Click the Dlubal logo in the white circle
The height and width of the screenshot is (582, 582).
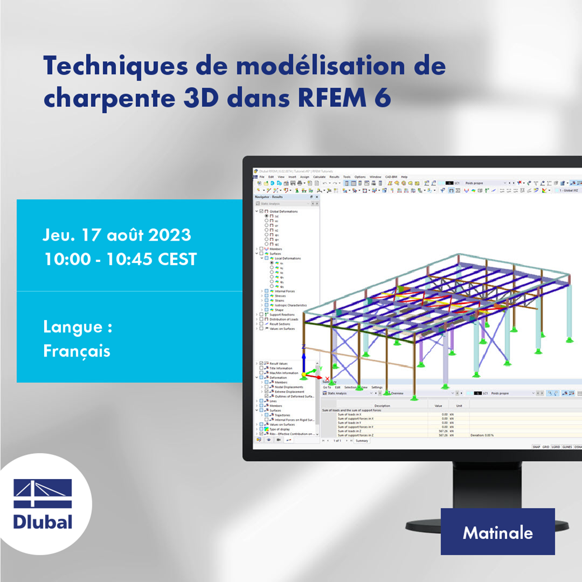coord(43,504)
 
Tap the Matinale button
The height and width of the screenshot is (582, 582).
coord(497,532)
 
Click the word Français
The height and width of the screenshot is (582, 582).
coord(77,351)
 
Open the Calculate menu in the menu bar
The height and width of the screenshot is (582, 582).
coord(319,177)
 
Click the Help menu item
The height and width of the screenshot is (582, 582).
coord(404,177)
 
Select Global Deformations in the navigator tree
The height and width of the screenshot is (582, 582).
coord(285,212)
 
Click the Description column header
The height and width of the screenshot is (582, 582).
coord(382,406)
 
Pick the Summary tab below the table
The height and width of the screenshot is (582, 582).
coord(362,441)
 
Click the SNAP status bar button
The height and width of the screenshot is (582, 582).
coord(536,447)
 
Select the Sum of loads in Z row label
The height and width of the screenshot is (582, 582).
coord(350,431)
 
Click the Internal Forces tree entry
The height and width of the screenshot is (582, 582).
coord(285,291)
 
